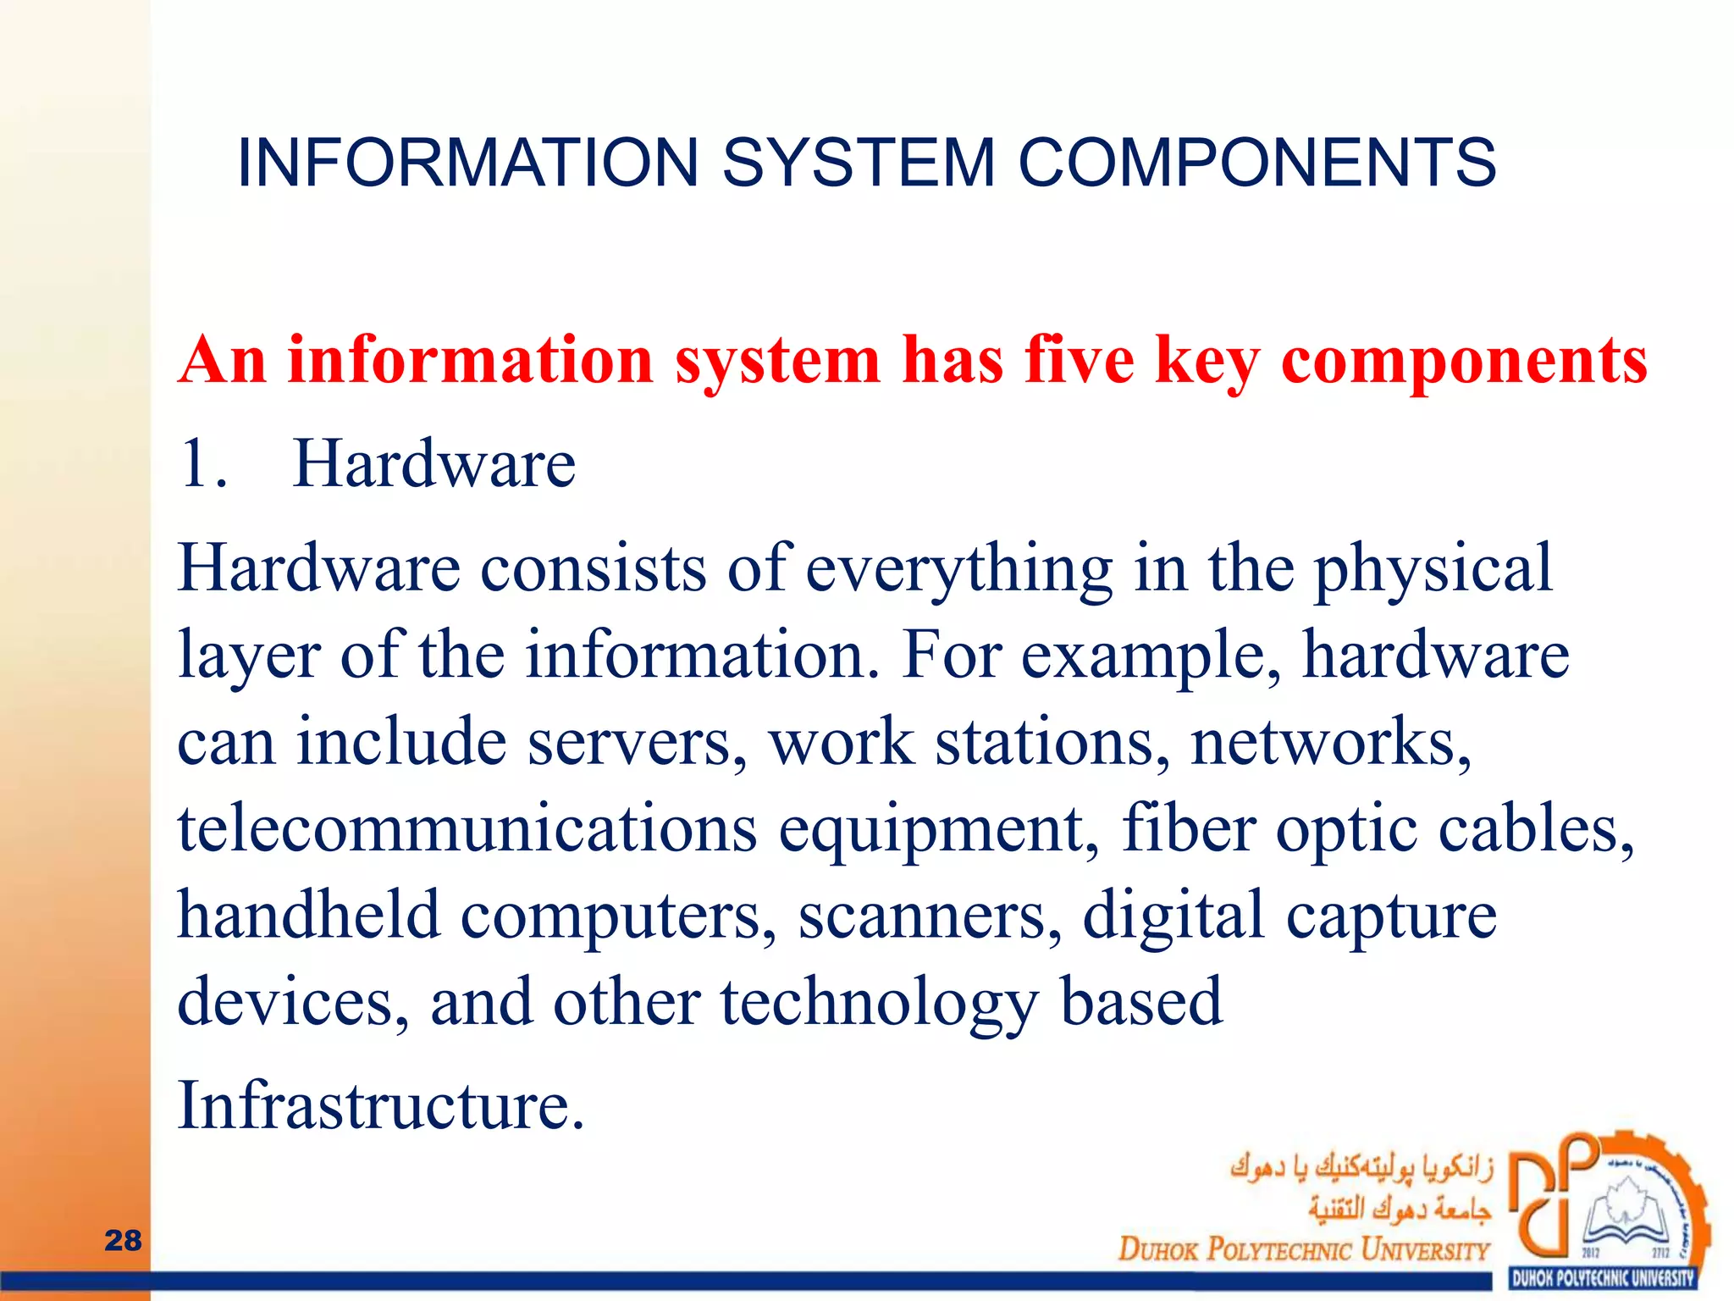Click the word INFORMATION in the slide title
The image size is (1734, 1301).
pos(467,163)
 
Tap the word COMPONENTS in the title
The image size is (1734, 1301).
pos(1256,163)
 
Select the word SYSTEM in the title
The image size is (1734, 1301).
pos(858,163)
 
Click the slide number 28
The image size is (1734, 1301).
pos(123,1240)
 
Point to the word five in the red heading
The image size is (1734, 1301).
pos(1079,360)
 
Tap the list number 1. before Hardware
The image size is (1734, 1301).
pos(203,464)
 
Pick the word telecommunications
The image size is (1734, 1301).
pos(467,828)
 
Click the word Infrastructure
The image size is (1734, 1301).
pos(380,1106)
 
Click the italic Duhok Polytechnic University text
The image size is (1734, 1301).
pos(1303,1249)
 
